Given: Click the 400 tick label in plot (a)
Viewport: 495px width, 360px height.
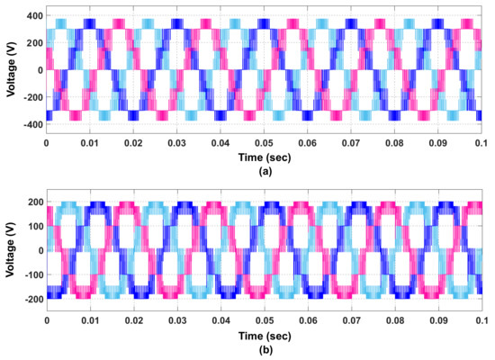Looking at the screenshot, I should pyautogui.click(x=31, y=17).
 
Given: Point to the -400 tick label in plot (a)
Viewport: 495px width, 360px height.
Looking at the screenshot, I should pyautogui.click(x=29, y=121).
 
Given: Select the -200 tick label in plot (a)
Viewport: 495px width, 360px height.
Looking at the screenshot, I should pyautogui.click(x=29, y=95).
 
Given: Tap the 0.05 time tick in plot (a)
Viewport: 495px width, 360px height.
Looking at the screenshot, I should pyautogui.click(x=263, y=142).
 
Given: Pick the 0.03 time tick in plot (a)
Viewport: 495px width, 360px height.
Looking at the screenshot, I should pyautogui.click(x=176, y=142).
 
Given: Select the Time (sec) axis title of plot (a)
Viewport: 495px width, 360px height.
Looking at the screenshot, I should pyautogui.click(x=263, y=157).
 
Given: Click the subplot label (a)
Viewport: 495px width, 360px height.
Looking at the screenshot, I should pyautogui.click(x=263, y=171).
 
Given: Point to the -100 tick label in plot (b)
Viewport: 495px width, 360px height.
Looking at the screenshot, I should pyautogui.click(x=29, y=273).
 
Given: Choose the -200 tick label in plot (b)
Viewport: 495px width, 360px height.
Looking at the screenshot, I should pyautogui.click(x=29, y=298).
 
